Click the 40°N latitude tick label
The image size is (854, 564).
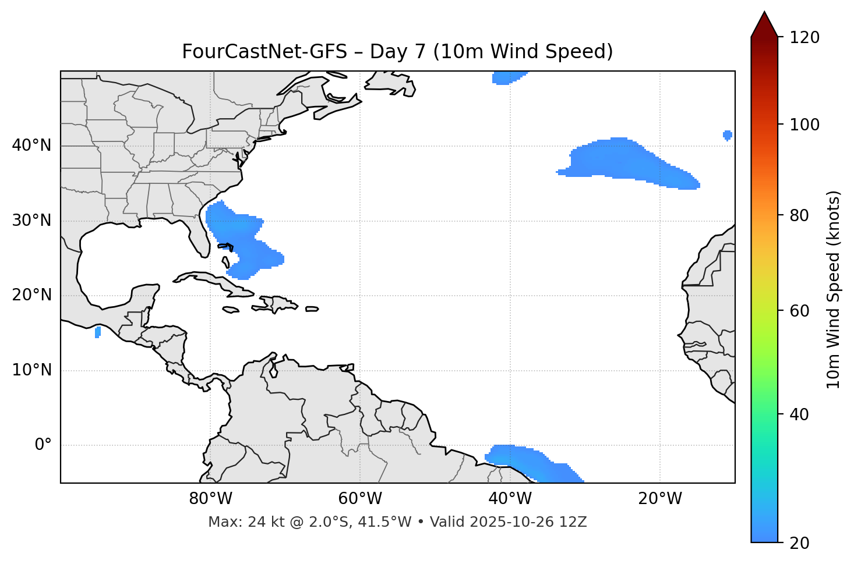[x=31, y=146]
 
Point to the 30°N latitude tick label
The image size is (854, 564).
[x=31, y=221]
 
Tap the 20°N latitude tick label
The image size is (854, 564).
[x=31, y=295]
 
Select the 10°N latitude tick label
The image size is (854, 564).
[x=31, y=370]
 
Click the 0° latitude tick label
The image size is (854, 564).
[x=43, y=445]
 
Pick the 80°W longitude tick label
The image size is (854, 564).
[x=210, y=499]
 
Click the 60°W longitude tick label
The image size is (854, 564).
[x=360, y=499]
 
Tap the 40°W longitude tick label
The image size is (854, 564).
[x=510, y=499]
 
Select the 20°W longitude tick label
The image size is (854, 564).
[x=659, y=499]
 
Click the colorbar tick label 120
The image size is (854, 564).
[x=804, y=38]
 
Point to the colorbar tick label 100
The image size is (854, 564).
[x=804, y=125]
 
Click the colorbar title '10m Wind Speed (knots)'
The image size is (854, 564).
[x=834, y=289]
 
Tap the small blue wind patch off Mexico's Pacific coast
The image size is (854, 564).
[x=97, y=332]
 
